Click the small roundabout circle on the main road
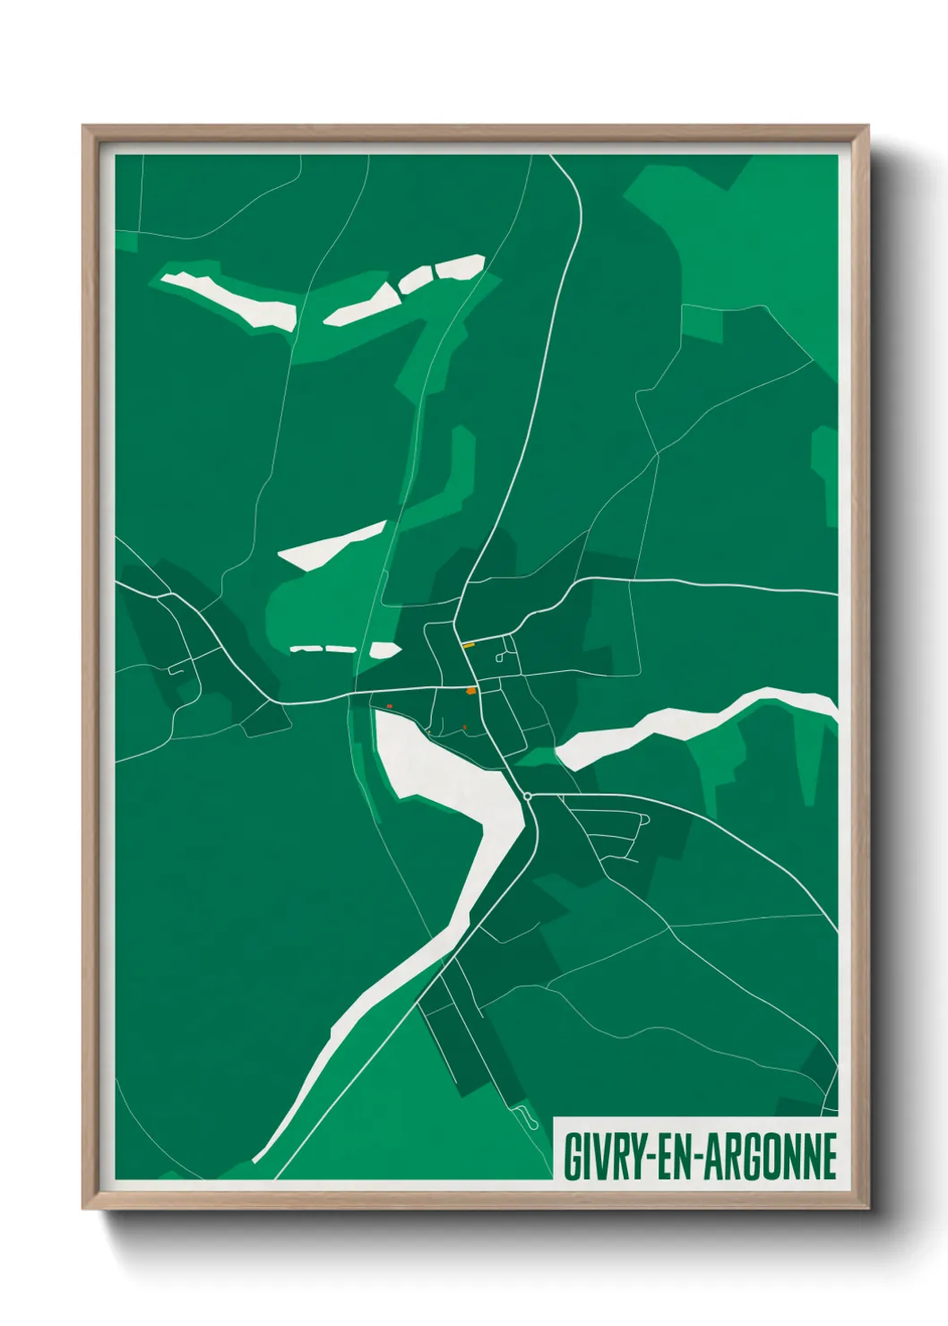528,796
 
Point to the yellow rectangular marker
468,645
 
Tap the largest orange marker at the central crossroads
471,691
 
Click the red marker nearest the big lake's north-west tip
389,707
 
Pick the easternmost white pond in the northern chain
459,266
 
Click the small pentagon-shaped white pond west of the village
386,650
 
